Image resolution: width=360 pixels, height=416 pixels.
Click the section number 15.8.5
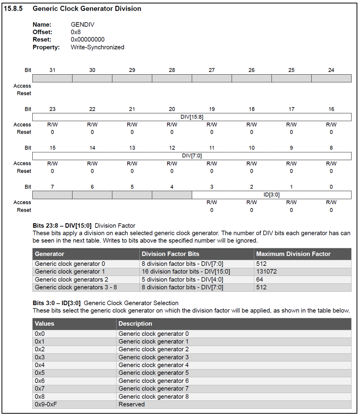pos(13,8)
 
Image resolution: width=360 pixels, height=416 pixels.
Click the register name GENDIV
pos(83,24)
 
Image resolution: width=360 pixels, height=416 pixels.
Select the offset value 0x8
pos(76,32)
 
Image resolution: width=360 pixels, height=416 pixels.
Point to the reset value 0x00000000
pos(88,40)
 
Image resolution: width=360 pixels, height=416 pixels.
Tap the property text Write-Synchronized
pos(97,47)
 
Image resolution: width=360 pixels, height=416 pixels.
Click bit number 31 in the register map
pos(53,70)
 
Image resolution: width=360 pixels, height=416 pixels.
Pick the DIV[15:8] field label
pos(192,117)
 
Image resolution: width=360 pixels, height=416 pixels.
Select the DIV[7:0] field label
pos(192,156)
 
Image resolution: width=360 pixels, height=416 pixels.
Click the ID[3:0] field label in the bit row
pos(271,195)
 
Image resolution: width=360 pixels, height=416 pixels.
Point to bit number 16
pos(331,109)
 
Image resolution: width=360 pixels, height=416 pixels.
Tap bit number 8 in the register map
pos(331,148)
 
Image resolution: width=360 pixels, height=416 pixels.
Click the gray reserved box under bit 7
pos(53,195)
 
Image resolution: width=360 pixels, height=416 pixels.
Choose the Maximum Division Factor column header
pos(293,254)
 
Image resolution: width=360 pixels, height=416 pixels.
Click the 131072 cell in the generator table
pos(266,272)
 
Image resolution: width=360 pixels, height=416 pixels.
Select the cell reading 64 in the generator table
pos(260,280)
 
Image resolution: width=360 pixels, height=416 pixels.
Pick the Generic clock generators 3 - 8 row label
pos(72,287)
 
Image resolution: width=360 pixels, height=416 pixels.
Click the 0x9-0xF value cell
pos(46,404)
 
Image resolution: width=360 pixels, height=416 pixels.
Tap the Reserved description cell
pos(132,404)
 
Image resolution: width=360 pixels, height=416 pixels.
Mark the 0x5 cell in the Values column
pos(40,373)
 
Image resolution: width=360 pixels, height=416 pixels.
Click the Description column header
pos(135,323)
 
